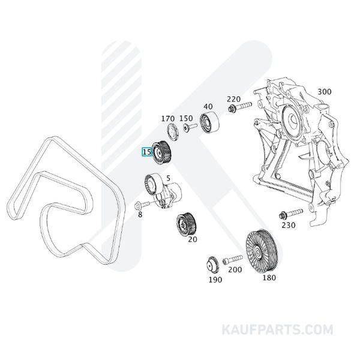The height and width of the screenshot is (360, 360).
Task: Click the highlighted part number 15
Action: tap(147, 152)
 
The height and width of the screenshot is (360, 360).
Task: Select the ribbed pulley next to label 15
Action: tap(161, 152)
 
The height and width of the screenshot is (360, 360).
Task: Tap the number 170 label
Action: tap(168, 119)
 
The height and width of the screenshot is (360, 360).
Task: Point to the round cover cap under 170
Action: tap(172, 131)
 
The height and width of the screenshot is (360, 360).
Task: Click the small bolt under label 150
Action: tap(190, 127)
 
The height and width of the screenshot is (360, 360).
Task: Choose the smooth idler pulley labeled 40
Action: tap(209, 122)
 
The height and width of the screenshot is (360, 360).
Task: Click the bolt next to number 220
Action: tap(240, 107)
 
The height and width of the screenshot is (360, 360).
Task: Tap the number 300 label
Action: tap(325, 92)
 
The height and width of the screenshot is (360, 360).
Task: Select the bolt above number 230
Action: tap(291, 214)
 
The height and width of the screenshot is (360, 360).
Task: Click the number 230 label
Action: tap(289, 225)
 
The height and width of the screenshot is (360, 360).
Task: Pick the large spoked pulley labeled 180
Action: tap(262, 251)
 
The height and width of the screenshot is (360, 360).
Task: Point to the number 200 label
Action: tap(235, 269)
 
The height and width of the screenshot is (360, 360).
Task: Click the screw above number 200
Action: tap(232, 259)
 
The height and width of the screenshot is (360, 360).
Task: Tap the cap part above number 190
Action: tap(212, 265)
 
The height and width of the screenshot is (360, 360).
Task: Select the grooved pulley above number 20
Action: tap(186, 224)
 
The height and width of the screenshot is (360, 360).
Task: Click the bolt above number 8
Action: tap(142, 205)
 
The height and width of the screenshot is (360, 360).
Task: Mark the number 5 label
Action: tap(168, 178)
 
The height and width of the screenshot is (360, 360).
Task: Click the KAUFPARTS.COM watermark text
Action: tap(277, 329)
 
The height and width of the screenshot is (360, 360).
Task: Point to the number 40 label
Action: tap(208, 107)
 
